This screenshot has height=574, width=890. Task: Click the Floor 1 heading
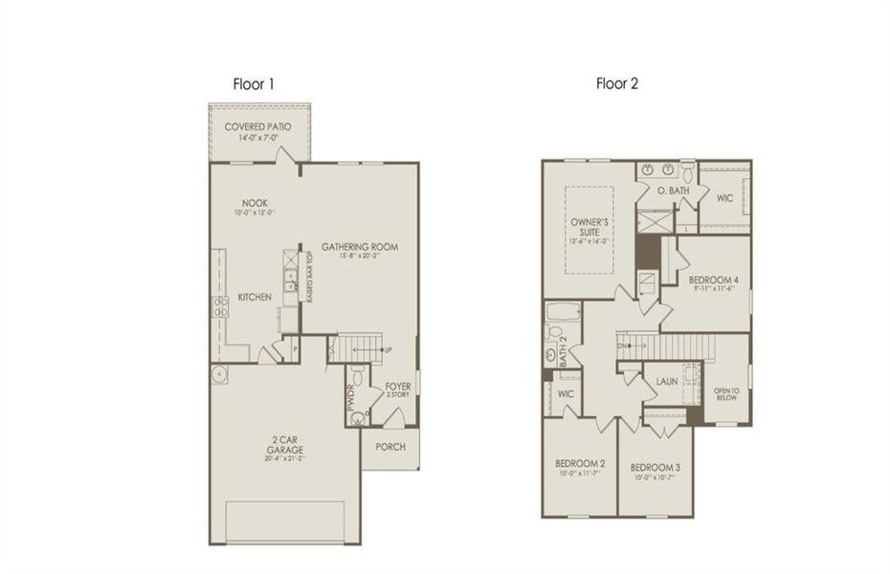click(x=255, y=84)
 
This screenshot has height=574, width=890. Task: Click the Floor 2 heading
click(x=617, y=84)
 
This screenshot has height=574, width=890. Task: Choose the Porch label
click(x=390, y=447)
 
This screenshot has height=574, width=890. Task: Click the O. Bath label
click(x=673, y=192)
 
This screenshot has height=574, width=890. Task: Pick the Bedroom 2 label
click(x=580, y=468)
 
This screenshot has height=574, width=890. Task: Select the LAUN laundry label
click(x=667, y=382)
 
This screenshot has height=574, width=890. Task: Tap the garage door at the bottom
click(x=284, y=522)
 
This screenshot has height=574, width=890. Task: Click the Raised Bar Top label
click(x=311, y=278)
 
